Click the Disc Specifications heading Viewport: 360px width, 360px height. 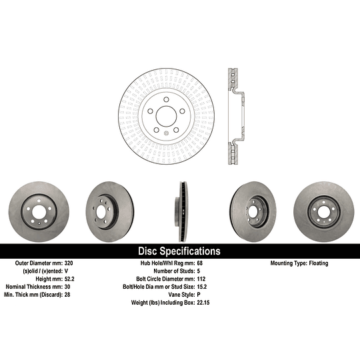[x=179, y=251]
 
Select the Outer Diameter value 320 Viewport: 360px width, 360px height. [x=69, y=263]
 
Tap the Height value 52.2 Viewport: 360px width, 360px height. [x=69, y=279]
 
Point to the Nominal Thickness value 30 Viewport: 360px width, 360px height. [x=67, y=287]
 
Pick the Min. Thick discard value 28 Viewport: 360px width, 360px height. [x=67, y=295]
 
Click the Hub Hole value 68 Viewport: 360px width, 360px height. [x=200, y=263]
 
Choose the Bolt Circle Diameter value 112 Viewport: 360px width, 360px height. [x=201, y=279]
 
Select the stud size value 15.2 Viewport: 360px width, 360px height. [x=202, y=287]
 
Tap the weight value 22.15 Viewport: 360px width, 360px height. [x=203, y=303]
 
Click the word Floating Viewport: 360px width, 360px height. [x=319, y=263]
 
